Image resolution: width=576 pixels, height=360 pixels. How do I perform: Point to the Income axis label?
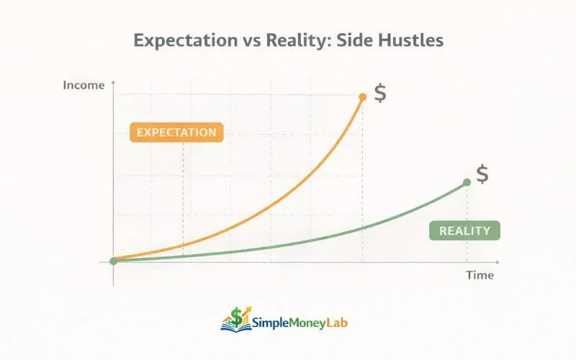pyautogui.click(x=84, y=85)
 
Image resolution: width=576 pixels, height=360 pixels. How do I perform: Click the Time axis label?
pyautogui.click(x=480, y=274)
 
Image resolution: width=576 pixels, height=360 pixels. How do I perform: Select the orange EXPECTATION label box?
pyautogui.click(x=176, y=132)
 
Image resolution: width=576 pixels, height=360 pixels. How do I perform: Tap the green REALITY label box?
pyautogui.click(x=464, y=231)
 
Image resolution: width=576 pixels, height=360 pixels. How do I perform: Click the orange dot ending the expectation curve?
pyautogui.click(x=362, y=96)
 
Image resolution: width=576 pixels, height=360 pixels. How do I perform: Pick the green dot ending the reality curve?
pyautogui.click(x=466, y=182)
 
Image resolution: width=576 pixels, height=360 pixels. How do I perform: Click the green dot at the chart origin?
pyautogui.click(x=113, y=261)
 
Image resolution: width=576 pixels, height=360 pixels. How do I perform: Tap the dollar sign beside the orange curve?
pyautogui.click(x=380, y=94)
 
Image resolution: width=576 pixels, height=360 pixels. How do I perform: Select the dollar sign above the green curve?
pyautogui.click(x=482, y=174)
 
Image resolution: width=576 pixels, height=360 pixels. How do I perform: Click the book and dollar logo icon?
pyautogui.click(x=234, y=319)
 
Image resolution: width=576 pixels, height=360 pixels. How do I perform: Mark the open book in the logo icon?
pyautogui.click(x=233, y=326)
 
